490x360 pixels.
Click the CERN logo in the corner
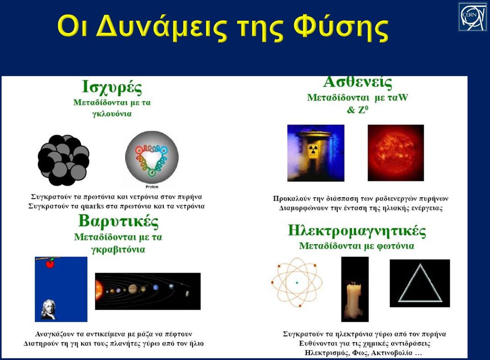click(473, 16)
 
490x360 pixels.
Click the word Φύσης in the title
click(340, 27)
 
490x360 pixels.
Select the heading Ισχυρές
click(112, 87)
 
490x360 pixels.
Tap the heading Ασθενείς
click(357, 82)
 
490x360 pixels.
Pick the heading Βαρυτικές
click(118, 221)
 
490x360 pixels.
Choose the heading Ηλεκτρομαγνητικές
click(357, 231)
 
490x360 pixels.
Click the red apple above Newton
click(50, 263)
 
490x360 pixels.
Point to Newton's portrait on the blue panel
click(48, 309)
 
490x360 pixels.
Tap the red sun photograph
click(396, 153)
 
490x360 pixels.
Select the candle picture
click(355, 290)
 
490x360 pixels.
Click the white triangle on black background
click(420, 283)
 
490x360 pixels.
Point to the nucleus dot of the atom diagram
click(297, 283)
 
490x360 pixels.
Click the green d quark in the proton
click(152, 172)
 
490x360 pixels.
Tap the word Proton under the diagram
click(152, 187)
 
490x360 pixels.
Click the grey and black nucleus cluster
click(63, 160)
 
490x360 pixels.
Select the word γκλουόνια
click(112, 114)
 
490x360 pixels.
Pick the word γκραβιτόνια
click(118, 249)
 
